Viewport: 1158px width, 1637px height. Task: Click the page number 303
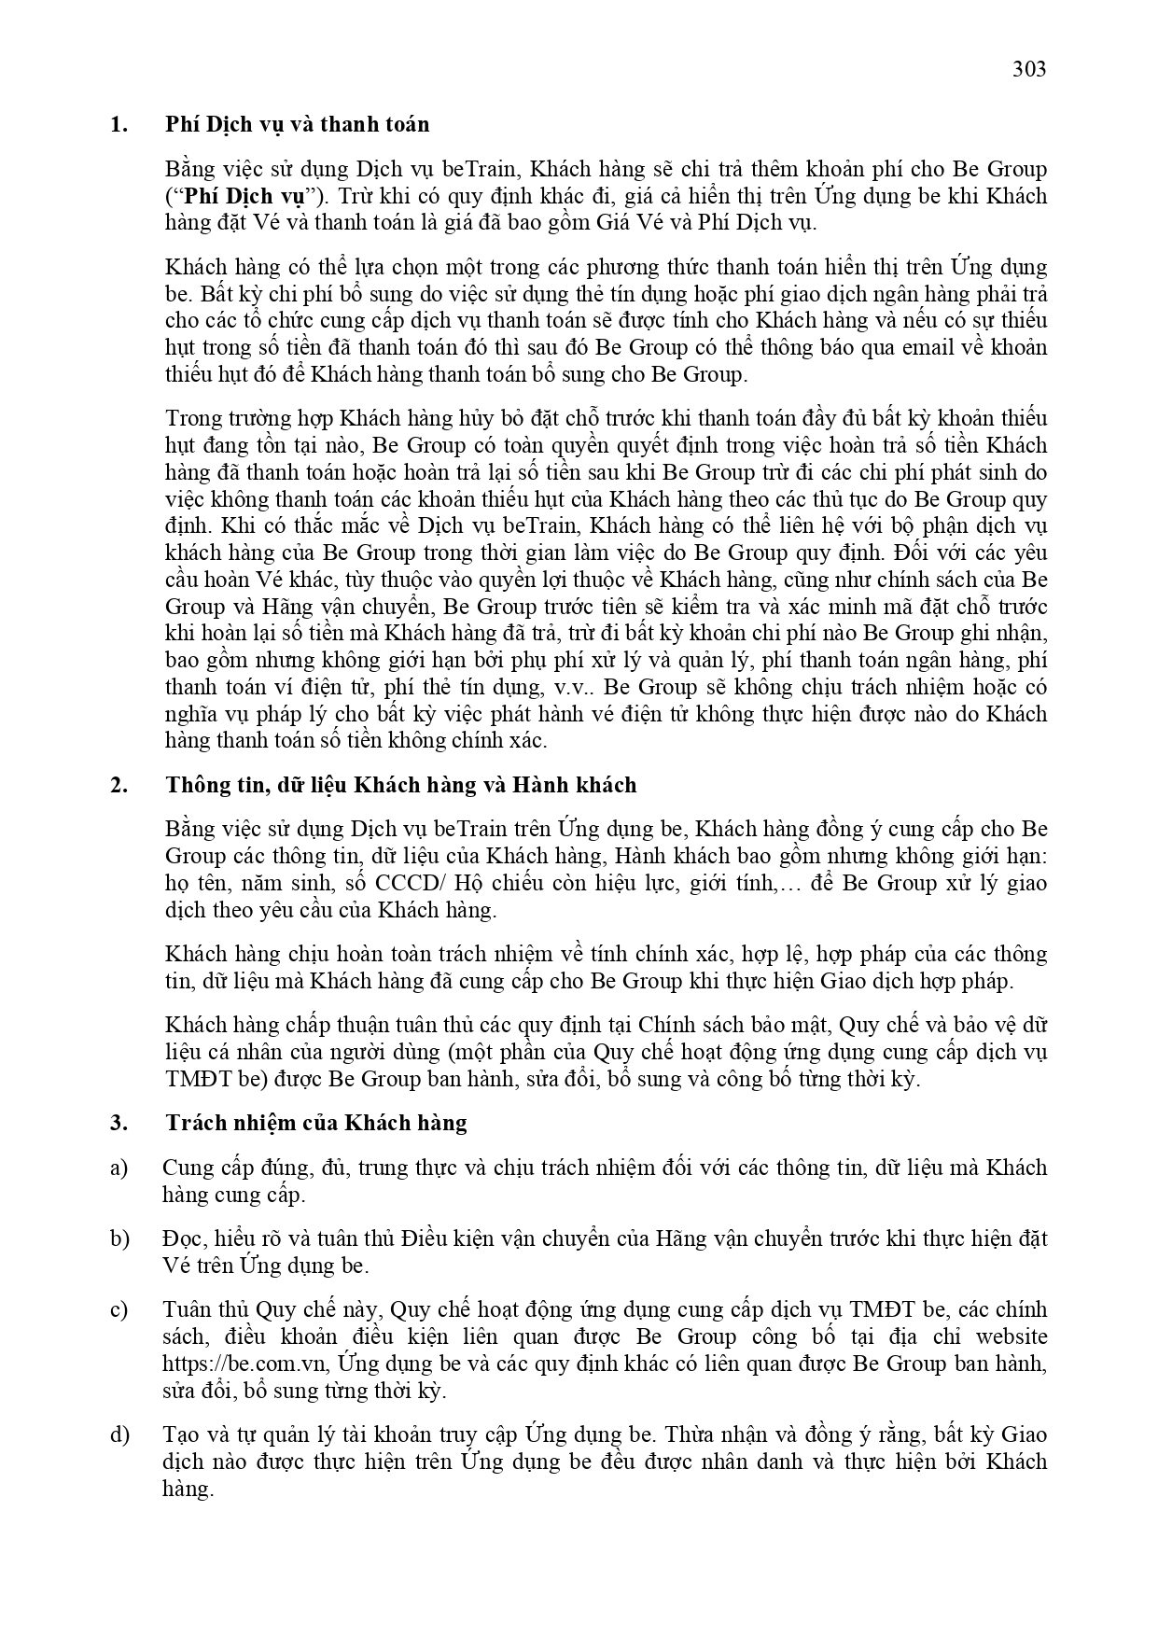1029,69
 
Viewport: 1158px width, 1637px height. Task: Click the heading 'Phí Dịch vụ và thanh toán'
298,125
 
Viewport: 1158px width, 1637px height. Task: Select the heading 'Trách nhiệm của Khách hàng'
316,1123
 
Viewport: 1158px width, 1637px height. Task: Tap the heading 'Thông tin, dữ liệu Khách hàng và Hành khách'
401,785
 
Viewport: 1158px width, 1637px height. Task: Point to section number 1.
119,125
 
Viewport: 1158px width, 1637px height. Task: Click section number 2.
119,785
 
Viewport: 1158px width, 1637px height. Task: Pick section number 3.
119,1123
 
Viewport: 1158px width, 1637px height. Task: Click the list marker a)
119,1168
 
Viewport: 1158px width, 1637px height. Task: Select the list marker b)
119,1238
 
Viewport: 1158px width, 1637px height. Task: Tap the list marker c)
119,1310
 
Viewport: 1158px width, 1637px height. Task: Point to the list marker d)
119,1434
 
